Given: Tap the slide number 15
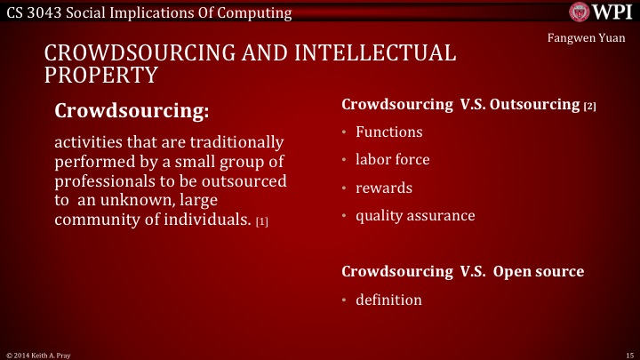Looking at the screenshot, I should click(628, 354).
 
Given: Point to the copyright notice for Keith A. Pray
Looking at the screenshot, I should click(35, 354).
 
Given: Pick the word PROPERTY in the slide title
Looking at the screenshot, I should click(102, 75).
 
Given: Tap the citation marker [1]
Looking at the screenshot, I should click(261, 221).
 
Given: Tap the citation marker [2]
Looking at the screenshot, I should click(589, 107).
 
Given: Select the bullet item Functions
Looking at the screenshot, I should click(388, 132).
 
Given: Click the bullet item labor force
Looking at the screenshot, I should click(392, 160).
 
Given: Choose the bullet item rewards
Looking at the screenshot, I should click(384, 188).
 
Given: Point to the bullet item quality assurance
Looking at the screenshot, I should click(415, 215).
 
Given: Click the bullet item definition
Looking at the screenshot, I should click(388, 300).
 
